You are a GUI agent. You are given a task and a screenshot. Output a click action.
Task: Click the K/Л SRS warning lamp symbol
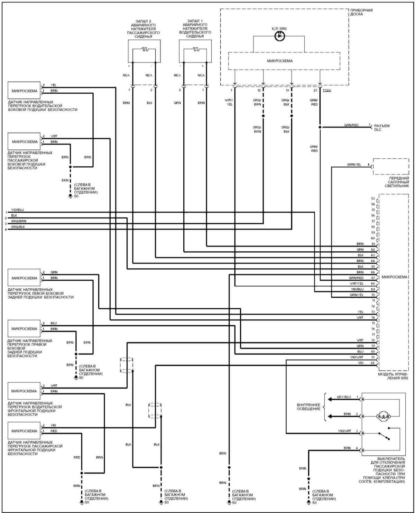279,36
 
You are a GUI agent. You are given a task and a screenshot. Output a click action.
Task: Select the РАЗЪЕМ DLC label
382,128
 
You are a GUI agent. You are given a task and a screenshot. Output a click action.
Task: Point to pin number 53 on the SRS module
372,199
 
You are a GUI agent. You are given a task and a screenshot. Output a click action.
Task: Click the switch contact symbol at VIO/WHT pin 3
384,436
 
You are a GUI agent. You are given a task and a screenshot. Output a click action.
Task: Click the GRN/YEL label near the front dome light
354,165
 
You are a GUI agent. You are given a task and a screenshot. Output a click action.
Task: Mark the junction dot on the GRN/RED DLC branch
320,127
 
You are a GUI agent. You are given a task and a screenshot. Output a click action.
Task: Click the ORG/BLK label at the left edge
18,227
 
